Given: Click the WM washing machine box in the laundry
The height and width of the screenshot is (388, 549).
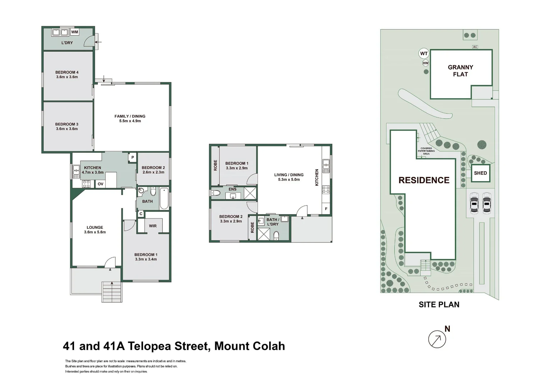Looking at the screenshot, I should click(x=74, y=32).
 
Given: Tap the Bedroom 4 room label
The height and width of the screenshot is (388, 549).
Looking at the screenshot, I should click(x=67, y=75).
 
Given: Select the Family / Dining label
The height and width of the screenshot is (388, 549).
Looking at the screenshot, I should click(x=130, y=119).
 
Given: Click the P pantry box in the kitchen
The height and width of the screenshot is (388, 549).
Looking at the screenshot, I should click(x=133, y=157).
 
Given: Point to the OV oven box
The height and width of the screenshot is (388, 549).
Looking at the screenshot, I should click(x=101, y=184).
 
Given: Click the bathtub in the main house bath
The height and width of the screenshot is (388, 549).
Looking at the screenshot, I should click(x=164, y=198).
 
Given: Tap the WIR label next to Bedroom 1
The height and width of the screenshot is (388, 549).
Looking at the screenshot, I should click(x=153, y=226).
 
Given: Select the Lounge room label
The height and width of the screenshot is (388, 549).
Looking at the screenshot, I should click(x=95, y=230).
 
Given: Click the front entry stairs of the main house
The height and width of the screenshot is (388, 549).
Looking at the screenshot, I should click(x=112, y=292).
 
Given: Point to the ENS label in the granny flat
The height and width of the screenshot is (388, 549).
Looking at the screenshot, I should click(x=232, y=189).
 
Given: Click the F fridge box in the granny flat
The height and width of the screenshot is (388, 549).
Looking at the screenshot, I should click(x=326, y=209).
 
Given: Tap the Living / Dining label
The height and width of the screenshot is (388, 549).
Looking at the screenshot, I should click(x=289, y=177).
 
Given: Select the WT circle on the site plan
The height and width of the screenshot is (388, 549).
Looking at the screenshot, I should click(x=424, y=54).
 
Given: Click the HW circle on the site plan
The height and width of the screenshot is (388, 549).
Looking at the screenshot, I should click(x=425, y=63).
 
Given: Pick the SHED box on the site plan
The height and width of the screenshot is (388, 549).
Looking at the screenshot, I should click(x=480, y=173).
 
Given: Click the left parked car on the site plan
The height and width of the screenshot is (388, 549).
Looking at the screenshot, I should click(x=474, y=203).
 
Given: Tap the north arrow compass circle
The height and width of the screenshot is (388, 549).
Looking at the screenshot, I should click(x=437, y=339).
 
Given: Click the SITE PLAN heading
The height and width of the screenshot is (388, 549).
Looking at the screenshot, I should click(x=439, y=305).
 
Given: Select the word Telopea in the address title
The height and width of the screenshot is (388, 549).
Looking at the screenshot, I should click(x=150, y=346).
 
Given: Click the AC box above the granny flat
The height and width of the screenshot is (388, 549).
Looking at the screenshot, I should click(x=475, y=47).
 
